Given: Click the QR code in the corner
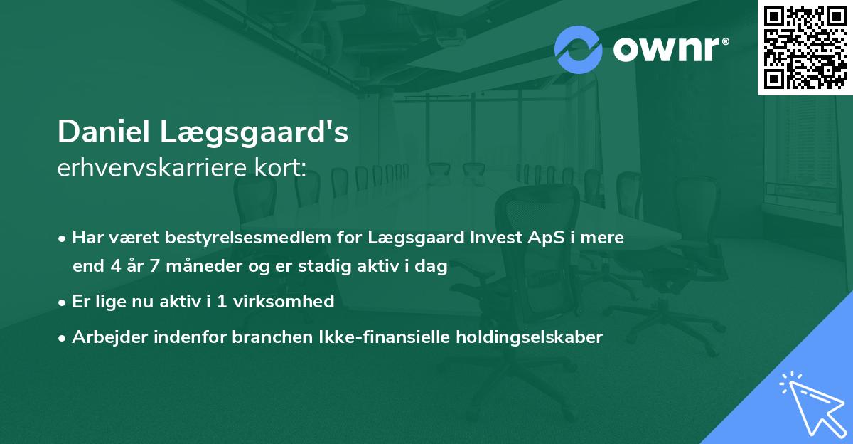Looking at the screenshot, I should (x=805, y=47).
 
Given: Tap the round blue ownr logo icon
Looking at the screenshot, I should (x=579, y=49).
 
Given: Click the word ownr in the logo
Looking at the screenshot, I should (x=670, y=50).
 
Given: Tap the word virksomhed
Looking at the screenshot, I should (x=291, y=302).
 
